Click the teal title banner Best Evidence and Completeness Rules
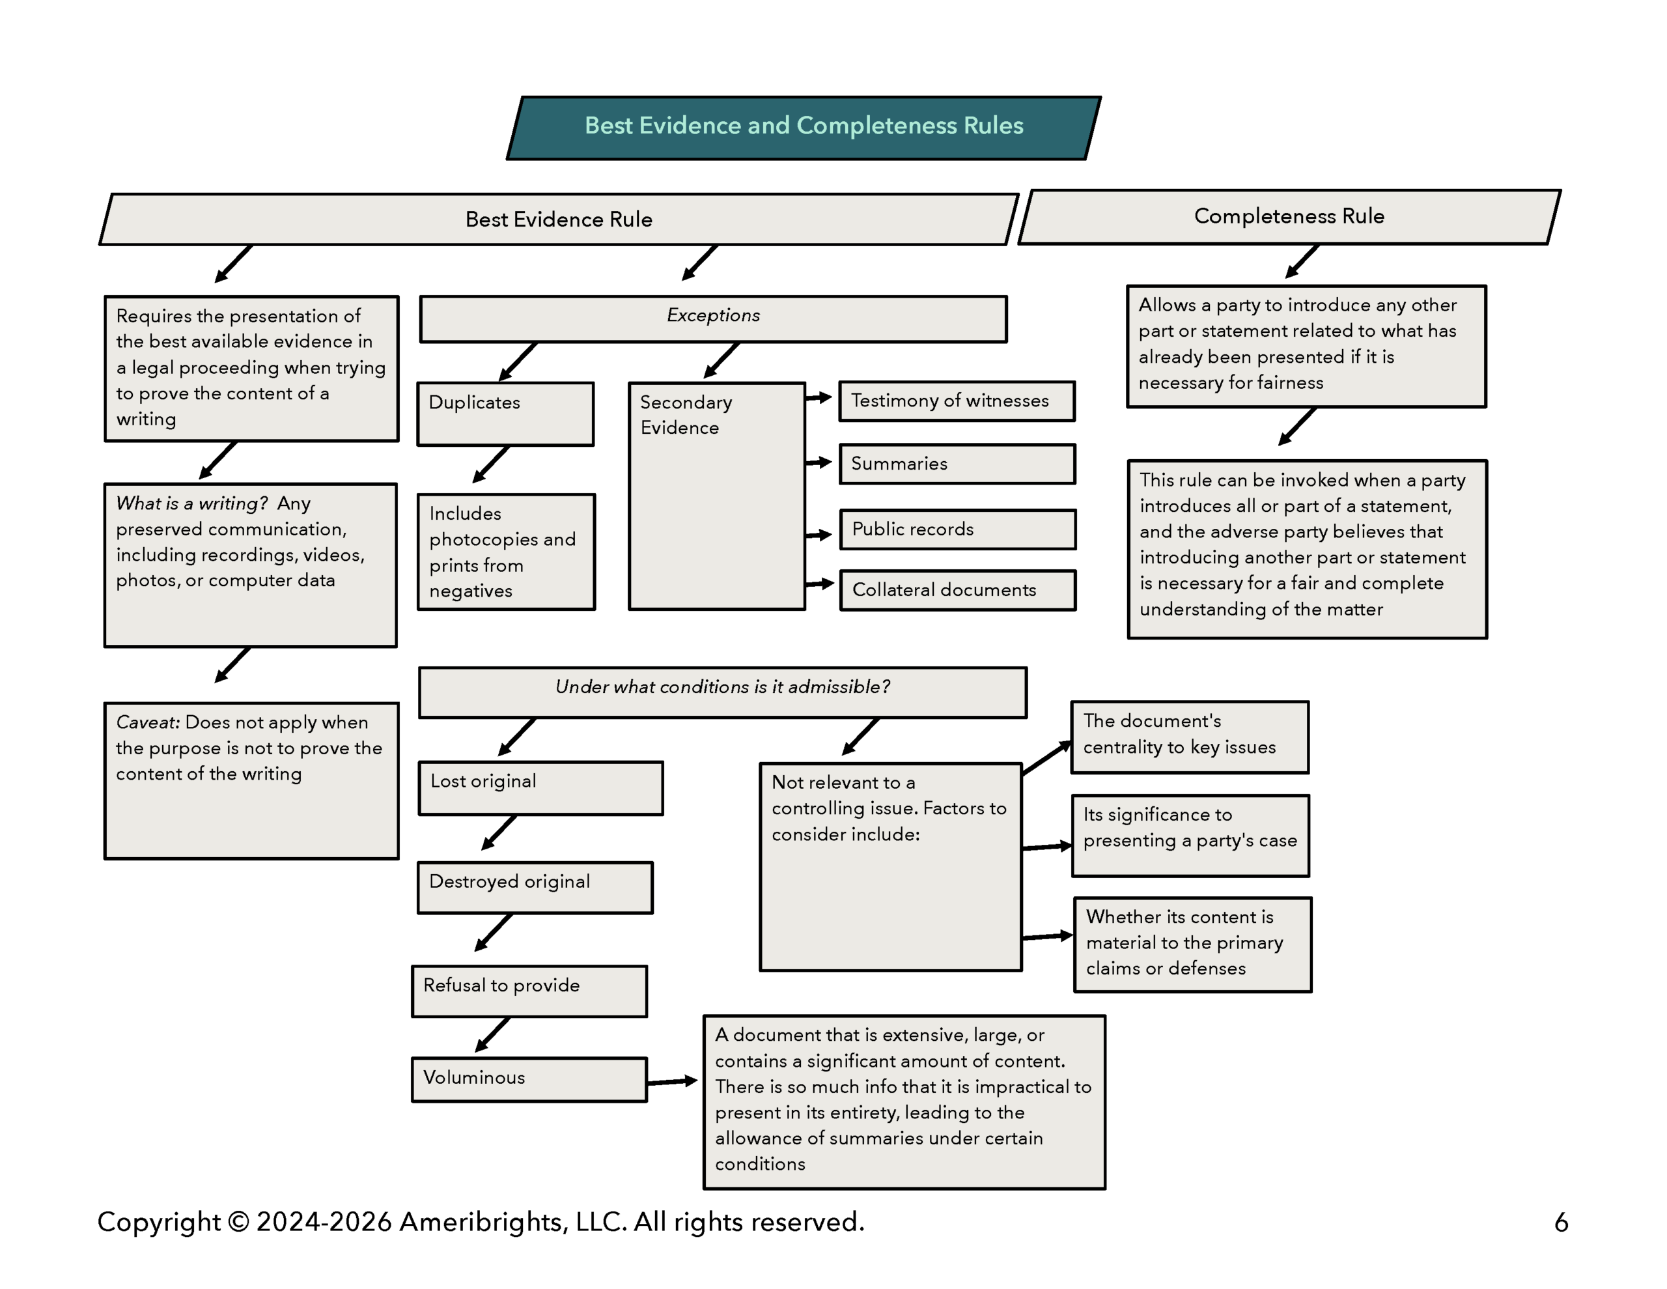[803, 128]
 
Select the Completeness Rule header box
[1289, 217]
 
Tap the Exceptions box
[713, 318]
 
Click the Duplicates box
[505, 413]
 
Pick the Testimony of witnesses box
[957, 402]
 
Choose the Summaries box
[957, 464]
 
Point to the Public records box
[957, 529]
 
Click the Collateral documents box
[957, 590]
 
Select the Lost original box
[540, 788]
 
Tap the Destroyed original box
[535, 887]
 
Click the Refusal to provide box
[529, 991]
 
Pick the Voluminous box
[529, 1079]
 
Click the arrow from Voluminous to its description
[672, 1081]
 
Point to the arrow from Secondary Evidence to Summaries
[819, 462]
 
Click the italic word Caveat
[147, 722]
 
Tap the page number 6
[1561, 1223]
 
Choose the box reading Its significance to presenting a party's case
[1190, 836]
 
